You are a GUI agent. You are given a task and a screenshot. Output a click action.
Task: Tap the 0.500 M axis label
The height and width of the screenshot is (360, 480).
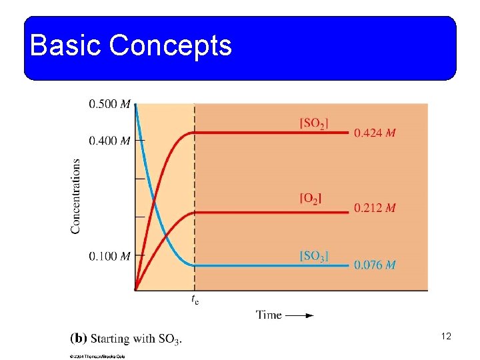pyautogui.click(x=109, y=104)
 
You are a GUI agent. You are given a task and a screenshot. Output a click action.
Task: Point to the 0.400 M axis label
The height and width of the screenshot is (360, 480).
pyautogui.click(x=109, y=141)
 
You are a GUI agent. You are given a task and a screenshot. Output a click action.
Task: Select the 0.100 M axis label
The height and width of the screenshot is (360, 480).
pyautogui.click(x=109, y=256)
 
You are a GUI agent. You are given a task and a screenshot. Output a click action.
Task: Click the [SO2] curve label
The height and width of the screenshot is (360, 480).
pyautogui.click(x=314, y=123)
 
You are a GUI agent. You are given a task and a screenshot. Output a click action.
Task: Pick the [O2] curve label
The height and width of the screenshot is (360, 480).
pyautogui.click(x=311, y=198)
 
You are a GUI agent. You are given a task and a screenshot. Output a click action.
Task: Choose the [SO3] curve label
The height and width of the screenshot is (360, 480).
pyautogui.click(x=314, y=255)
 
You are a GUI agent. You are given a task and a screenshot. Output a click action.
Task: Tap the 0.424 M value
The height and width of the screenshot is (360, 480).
pyautogui.click(x=375, y=133)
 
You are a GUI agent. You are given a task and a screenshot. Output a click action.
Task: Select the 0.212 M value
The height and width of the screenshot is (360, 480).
pyautogui.click(x=375, y=208)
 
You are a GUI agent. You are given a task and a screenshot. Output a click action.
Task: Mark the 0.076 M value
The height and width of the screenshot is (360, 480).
pyautogui.click(x=375, y=265)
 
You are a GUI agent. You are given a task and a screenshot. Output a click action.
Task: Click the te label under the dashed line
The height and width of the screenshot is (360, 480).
pyautogui.click(x=195, y=299)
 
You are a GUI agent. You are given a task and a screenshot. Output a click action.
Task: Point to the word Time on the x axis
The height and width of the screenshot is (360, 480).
pyautogui.click(x=269, y=315)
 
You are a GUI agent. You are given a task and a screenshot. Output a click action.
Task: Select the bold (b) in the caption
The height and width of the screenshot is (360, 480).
pyautogui.click(x=78, y=339)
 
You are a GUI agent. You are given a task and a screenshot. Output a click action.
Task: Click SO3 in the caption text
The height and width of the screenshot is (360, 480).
pyautogui.click(x=169, y=339)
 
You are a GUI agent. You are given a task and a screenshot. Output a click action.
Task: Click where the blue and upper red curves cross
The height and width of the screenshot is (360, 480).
pyautogui.click(x=154, y=199)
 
